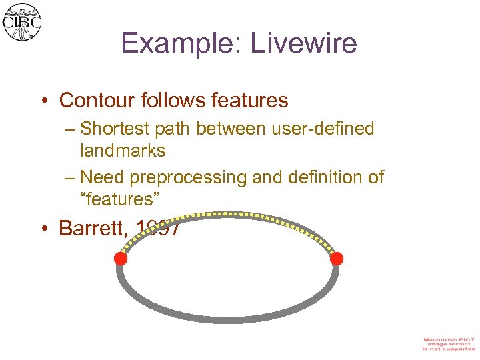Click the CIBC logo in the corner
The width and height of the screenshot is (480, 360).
pyautogui.click(x=22, y=22)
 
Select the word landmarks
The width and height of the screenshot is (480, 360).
pyautogui.click(x=123, y=151)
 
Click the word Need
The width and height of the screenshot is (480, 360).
pyautogui.click(x=103, y=177)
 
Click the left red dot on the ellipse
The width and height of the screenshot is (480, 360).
pyautogui.click(x=121, y=259)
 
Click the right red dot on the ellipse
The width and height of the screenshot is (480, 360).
pyautogui.click(x=337, y=258)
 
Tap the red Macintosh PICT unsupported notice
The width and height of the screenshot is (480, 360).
pyautogui.click(x=449, y=344)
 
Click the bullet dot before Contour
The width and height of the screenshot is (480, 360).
pyautogui.click(x=44, y=101)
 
